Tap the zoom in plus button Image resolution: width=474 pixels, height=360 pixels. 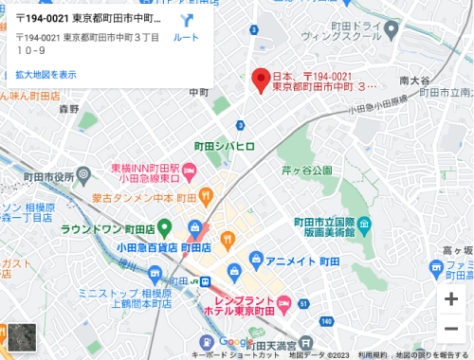pyautogui.click(x=451, y=299)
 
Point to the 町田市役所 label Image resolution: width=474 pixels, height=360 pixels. pyautogui.click(x=49, y=176)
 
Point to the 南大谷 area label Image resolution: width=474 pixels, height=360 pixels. pyautogui.click(x=415, y=80)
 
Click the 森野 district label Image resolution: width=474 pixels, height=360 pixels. pyautogui.click(x=69, y=109)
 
